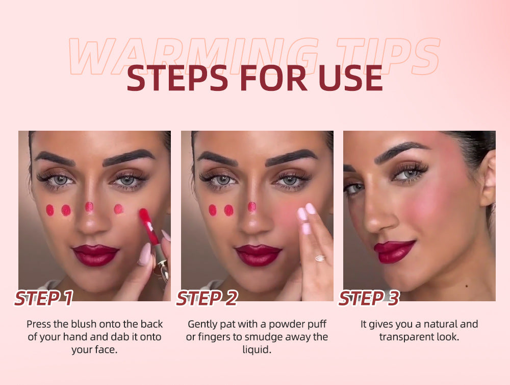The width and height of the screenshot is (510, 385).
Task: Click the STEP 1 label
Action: point(44,298)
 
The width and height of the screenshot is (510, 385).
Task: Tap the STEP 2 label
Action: point(207,298)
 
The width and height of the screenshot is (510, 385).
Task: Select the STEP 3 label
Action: point(369,298)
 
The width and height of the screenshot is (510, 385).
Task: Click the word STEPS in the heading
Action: point(177,78)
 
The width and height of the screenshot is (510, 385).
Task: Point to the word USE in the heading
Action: point(351,78)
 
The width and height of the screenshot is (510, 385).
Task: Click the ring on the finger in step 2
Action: point(320,258)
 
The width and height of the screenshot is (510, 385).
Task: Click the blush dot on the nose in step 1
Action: point(89,206)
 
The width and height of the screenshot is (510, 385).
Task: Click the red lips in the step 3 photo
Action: point(394,251)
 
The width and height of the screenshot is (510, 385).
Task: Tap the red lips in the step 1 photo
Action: point(95,255)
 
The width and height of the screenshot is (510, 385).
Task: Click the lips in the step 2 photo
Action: point(258,255)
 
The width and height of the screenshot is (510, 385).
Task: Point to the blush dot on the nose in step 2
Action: point(252,206)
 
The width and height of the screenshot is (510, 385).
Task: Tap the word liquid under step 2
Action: point(257,349)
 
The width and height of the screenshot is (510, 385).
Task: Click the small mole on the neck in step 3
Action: point(467,286)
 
